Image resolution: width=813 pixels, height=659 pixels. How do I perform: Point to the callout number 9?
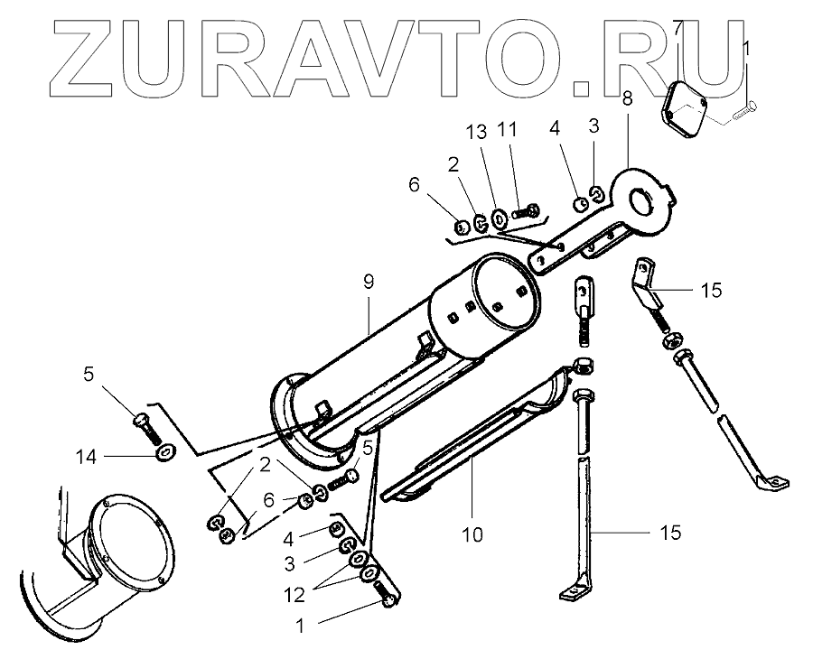pyautogui.click(x=369, y=282)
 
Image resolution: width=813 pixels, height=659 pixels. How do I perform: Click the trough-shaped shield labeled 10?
pyautogui.click(x=479, y=433)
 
